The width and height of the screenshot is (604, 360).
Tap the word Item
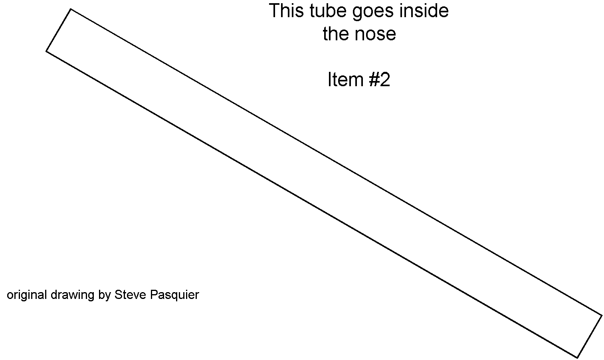pos(345,79)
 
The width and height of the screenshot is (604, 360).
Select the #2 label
pos(379,79)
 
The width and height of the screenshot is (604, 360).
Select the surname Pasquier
pos(174,295)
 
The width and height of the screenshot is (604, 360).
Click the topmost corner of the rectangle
pos(71,9)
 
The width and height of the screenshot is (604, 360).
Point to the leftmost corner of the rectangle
pos(46,51)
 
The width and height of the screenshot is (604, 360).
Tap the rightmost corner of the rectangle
pos(602,315)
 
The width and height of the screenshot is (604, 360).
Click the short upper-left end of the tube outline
pos(59,30)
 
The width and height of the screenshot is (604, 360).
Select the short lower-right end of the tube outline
pos(590,336)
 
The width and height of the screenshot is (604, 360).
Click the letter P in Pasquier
pos(153,295)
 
